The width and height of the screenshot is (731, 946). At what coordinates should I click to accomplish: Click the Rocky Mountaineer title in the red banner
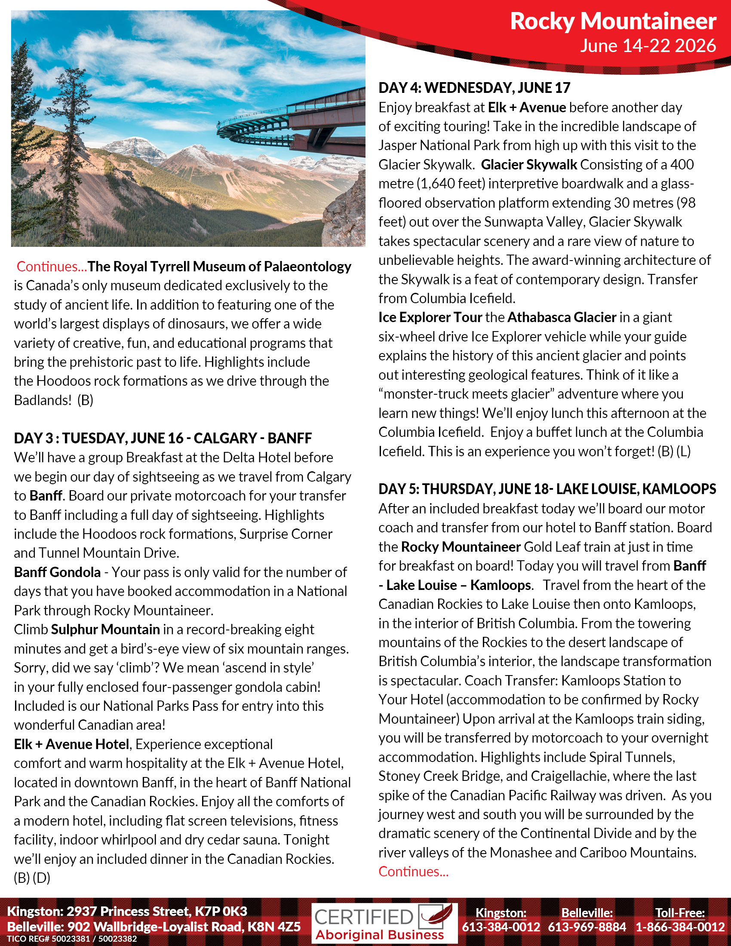tap(613, 21)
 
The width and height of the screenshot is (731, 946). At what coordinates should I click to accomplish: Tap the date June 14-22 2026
tap(648, 46)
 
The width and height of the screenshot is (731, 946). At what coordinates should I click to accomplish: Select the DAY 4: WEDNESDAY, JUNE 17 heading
tap(474, 88)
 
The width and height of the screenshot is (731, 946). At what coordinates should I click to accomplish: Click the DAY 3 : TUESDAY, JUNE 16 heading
tap(163, 438)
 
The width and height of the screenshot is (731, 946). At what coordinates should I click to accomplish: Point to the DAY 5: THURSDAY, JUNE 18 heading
tap(547, 489)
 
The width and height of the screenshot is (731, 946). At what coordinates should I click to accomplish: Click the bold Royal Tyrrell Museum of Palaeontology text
tap(220, 267)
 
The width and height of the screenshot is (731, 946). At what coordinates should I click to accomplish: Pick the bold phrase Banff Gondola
tap(57, 572)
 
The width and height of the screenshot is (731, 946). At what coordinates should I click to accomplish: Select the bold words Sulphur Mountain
tap(105, 630)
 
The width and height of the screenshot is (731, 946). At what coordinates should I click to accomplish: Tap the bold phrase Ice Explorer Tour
tap(430, 317)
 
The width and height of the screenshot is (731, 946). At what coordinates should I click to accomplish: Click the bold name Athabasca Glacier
tap(562, 317)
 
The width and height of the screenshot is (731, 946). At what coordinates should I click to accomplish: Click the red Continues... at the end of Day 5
tap(413, 871)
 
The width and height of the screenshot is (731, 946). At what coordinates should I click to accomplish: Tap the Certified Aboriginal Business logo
tap(384, 923)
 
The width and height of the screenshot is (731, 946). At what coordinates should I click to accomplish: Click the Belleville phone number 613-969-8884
tap(587, 927)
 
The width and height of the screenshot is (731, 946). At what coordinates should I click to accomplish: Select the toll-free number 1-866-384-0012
tap(680, 927)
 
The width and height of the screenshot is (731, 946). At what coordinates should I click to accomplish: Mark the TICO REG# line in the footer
tap(72, 939)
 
